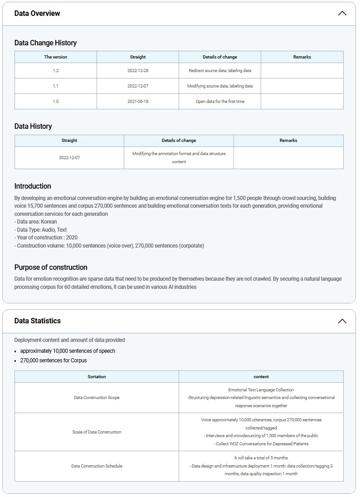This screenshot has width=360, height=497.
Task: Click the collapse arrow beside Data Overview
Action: pyautogui.click(x=342, y=13)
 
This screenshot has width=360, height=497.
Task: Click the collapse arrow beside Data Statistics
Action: pyautogui.click(x=342, y=321)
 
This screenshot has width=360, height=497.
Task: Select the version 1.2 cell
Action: pyautogui.click(x=56, y=71)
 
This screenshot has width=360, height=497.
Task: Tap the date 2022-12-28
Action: pyautogui.click(x=138, y=71)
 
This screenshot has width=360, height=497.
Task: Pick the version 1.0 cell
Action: pyautogui.click(x=56, y=102)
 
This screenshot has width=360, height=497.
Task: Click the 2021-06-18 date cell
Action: pyautogui.click(x=138, y=102)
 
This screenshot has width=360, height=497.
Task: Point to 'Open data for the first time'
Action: pyautogui.click(x=220, y=102)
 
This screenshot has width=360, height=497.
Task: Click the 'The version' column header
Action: pyautogui.click(x=56, y=57)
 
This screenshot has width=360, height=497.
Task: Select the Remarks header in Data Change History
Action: pyautogui.click(x=302, y=57)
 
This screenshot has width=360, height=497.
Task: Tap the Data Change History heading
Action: pyautogui.click(x=45, y=43)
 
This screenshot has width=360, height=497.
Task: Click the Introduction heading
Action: pyautogui.click(x=33, y=186)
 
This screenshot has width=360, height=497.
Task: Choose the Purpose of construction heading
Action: pyautogui.click(x=51, y=268)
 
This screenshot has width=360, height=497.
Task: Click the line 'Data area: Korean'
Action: pyautogui.click(x=36, y=222)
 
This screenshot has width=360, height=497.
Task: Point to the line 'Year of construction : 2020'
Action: pyautogui.click(x=46, y=238)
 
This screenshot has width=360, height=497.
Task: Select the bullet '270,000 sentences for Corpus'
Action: pyautogui.click(x=54, y=361)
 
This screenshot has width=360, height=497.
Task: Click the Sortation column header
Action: pyautogui.click(x=97, y=377)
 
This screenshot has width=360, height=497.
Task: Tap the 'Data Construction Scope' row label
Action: pyautogui.click(x=97, y=398)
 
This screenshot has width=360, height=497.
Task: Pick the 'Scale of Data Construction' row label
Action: pyautogui.click(x=97, y=432)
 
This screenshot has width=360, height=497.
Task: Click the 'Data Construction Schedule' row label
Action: pyautogui.click(x=97, y=466)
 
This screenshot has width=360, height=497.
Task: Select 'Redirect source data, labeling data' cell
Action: pyautogui.click(x=220, y=71)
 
